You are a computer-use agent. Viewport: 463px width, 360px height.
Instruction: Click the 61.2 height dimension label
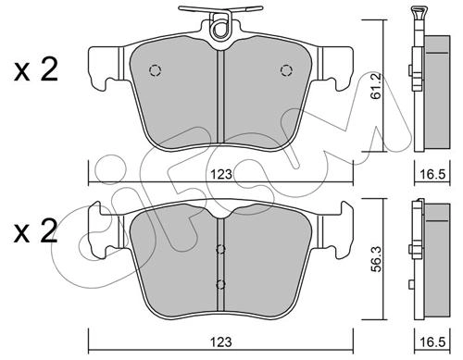pos(377,86)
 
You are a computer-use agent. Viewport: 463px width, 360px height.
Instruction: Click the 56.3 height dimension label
pos(377,259)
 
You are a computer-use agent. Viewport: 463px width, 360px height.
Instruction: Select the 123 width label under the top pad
pos(221,175)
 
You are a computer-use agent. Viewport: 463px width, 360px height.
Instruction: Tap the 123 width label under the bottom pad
pos(221,342)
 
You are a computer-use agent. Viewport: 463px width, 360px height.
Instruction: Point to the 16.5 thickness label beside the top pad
pos(432,175)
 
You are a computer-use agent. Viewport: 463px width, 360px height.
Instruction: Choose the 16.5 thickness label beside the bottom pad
pos(432,342)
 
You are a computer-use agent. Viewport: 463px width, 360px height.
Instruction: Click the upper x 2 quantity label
pos(36,70)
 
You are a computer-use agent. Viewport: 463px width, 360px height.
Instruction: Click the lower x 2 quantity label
pos(36,231)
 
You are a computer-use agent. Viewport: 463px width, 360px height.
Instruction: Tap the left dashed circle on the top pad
pos(156,71)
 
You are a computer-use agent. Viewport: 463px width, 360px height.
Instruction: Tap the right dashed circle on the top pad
pos(286,70)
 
